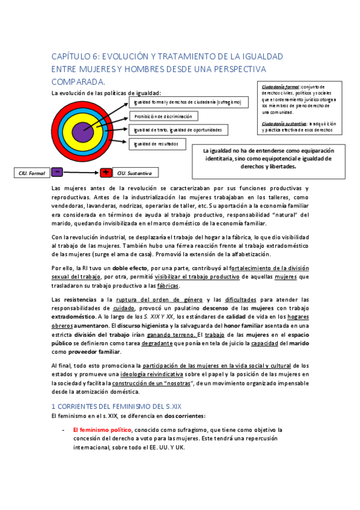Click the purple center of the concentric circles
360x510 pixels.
point(82,132)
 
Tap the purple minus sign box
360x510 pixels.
point(58,172)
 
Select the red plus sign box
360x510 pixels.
point(106,173)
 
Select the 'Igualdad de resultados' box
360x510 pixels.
point(156,144)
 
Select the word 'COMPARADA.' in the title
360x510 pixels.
point(78,81)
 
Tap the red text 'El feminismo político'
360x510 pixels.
point(102,430)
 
